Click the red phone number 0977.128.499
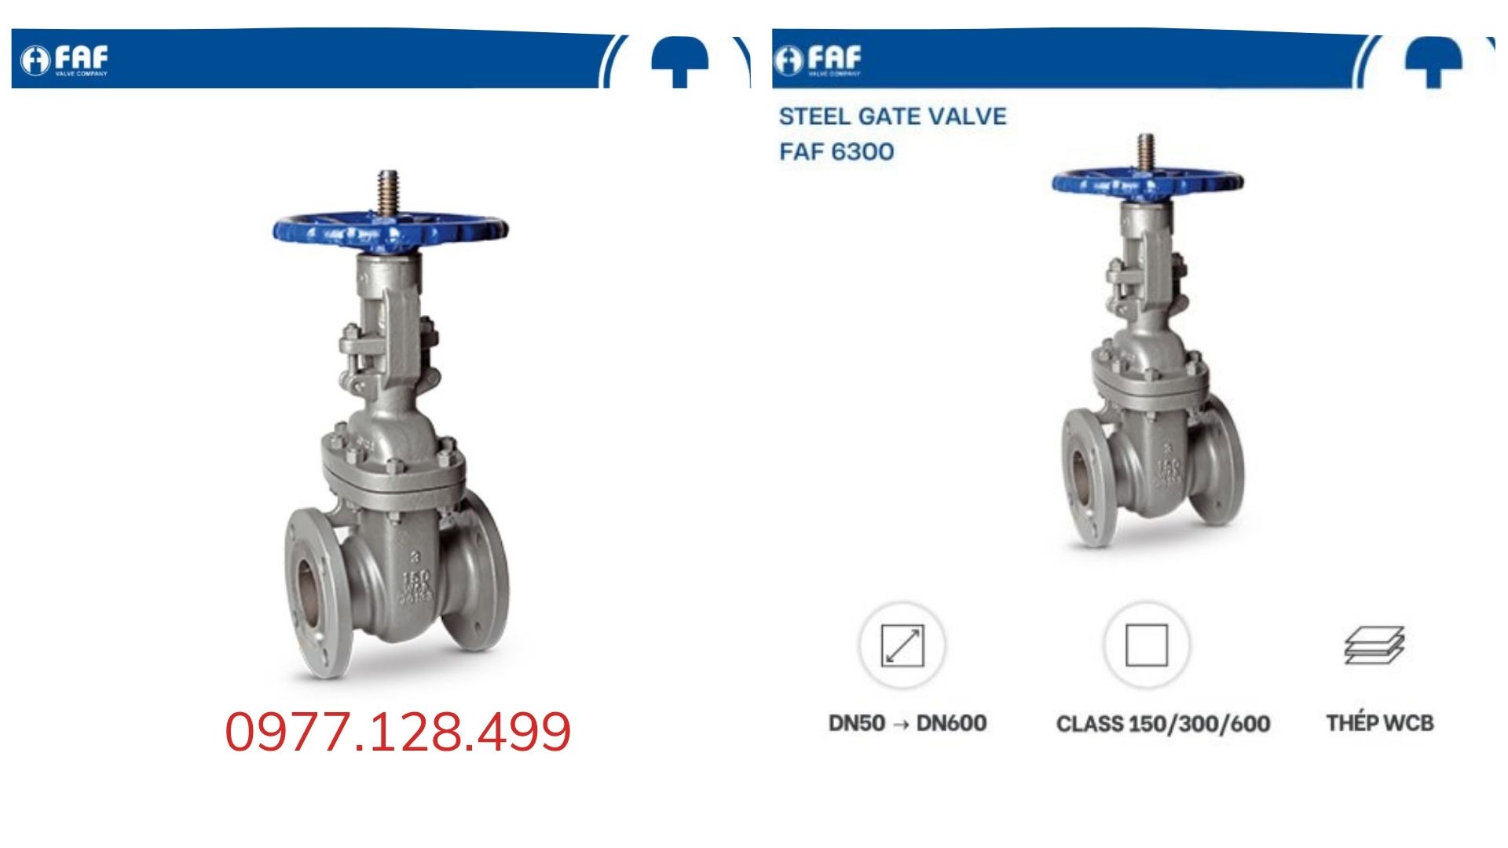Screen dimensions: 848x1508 (398, 732)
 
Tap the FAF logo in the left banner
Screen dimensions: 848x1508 (64, 60)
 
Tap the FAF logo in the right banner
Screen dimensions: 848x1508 (818, 60)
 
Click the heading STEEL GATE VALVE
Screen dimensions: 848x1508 (892, 116)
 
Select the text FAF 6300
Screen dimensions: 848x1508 (836, 151)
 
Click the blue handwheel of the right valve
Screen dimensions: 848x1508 (1147, 183)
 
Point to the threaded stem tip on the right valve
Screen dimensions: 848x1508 (1147, 149)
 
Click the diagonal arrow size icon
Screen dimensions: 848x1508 (902, 645)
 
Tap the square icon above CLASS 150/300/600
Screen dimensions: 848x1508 (1146, 645)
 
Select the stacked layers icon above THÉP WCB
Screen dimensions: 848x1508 (1374, 645)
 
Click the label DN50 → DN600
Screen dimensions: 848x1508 (907, 722)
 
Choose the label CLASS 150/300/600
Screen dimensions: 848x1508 (1163, 723)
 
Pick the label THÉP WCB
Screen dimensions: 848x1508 (1380, 722)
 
